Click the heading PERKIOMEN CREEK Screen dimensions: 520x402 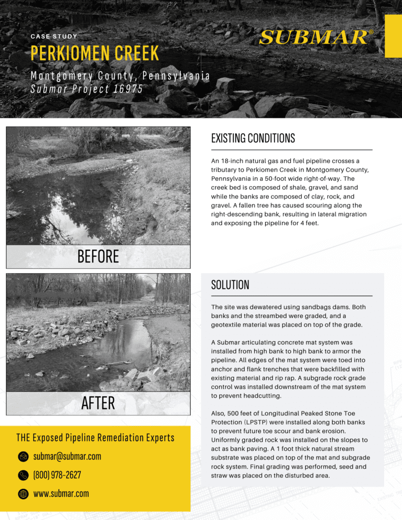(x=95, y=53)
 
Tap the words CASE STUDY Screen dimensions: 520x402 (x=54, y=37)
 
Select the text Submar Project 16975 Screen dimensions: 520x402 (x=86, y=89)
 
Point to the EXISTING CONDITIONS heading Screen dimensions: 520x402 (x=253, y=138)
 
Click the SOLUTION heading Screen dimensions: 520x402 (x=230, y=285)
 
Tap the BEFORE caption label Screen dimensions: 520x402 (x=98, y=257)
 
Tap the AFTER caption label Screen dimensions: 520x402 (x=98, y=403)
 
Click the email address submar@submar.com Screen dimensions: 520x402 (x=67, y=457)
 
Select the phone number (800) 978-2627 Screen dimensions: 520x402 (x=57, y=475)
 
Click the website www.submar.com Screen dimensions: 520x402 (x=61, y=494)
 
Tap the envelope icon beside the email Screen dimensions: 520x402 (x=23, y=457)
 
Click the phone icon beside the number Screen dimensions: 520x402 (x=23, y=475)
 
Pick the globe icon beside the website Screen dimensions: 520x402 (x=23, y=494)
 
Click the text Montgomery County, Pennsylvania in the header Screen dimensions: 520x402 (x=120, y=76)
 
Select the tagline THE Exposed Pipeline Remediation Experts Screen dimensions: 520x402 (x=95, y=438)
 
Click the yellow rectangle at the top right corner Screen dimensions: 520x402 (x=393, y=36)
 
